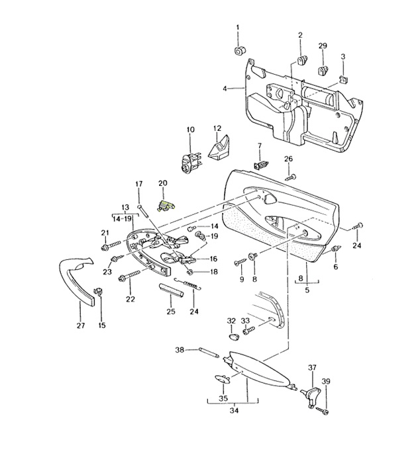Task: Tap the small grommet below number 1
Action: pyautogui.click(x=239, y=50)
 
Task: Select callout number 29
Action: pyautogui.click(x=323, y=46)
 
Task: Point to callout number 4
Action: pyautogui.click(x=225, y=88)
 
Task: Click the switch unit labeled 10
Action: pyautogui.click(x=187, y=161)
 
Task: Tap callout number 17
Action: pyautogui.click(x=139, y=183)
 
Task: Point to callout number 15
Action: pyautogui.click(x=102, y=325)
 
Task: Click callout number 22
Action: pyautogui.click(x=130, y=300)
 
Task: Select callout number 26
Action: pyautogui.click(x=288, y=159)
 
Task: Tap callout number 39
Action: pyautogui.click(x=325, y=382)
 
